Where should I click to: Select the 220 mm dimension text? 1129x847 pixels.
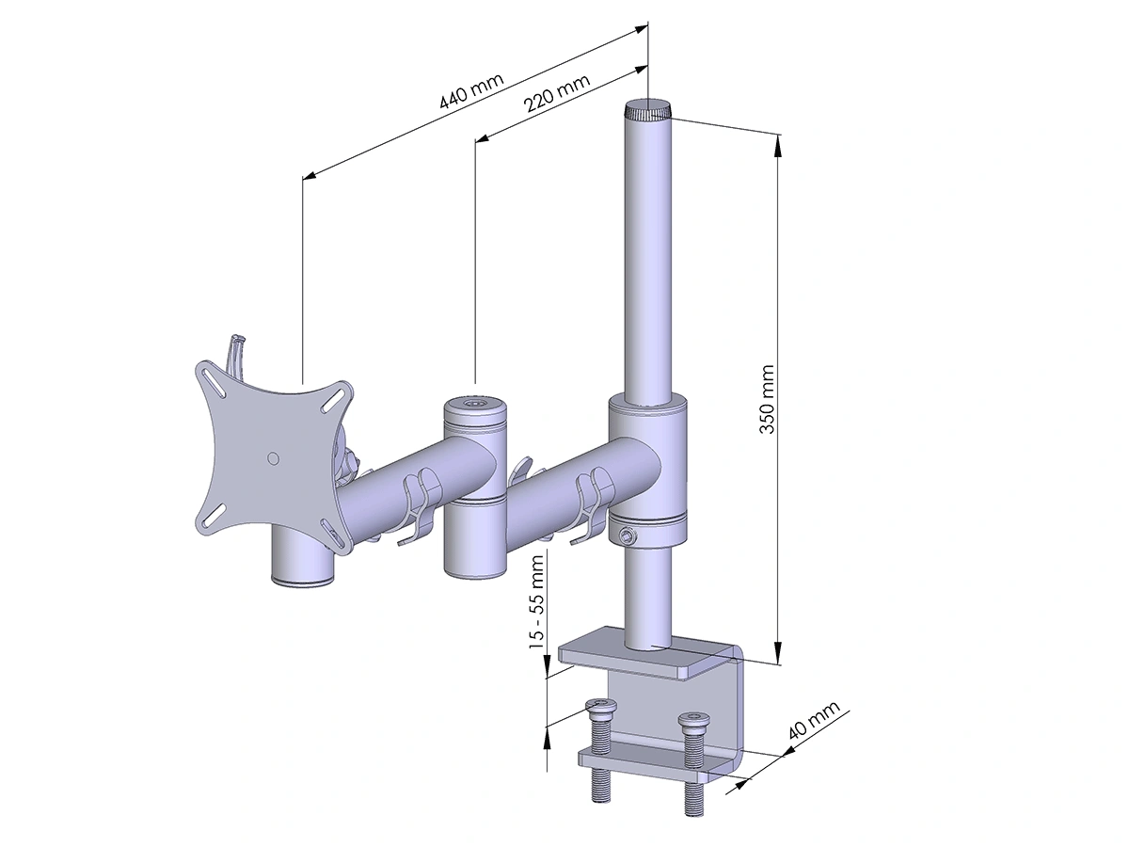click(x=556, y=93)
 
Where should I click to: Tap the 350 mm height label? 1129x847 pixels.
click(x=767, y=399)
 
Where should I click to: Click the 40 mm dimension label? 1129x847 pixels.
click(x=814, y=719)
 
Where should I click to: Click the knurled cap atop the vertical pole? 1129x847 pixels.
click(x=647, y=109)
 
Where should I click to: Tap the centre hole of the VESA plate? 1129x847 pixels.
click(x=274, y=457)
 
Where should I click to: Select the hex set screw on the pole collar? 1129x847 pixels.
click(x=624, y=535)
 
